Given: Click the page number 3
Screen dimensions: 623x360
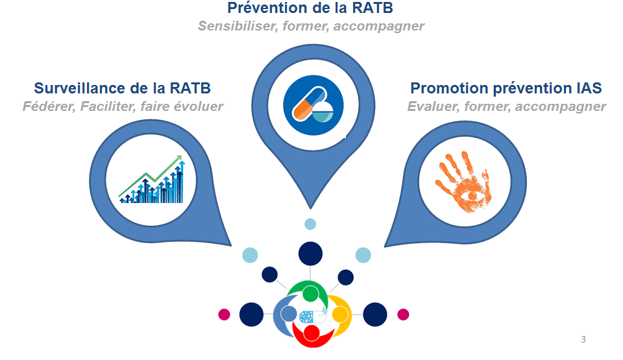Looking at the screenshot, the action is pyautogui.click(x=583, y=339).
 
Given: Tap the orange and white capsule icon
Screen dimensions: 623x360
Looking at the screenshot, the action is pyautogui.click(x=309, y=104).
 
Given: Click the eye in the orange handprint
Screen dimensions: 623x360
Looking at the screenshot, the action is pyautogui.click(x=472, y=196).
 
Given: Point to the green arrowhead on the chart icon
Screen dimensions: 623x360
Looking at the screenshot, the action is pyautogui.click(x=178, y=158).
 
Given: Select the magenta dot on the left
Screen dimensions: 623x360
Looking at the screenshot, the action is pyautogui.click(x=224, y=315).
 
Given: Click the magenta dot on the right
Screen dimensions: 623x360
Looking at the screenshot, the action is pyautogui.click(x=403, y=315).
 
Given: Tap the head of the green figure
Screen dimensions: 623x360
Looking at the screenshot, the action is pyautogui.click(x=310, y=294).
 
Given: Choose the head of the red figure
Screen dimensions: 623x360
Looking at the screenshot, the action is pyautogui.click(x=311, y=333).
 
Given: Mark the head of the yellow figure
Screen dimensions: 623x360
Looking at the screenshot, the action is pyautogui.click(x=340, y=315).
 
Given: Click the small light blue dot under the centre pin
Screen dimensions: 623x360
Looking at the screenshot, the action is pyautogui.click(x=310, y=224).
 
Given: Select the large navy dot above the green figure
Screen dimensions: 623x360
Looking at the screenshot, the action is pyautogui.click(x=310, y=254).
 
